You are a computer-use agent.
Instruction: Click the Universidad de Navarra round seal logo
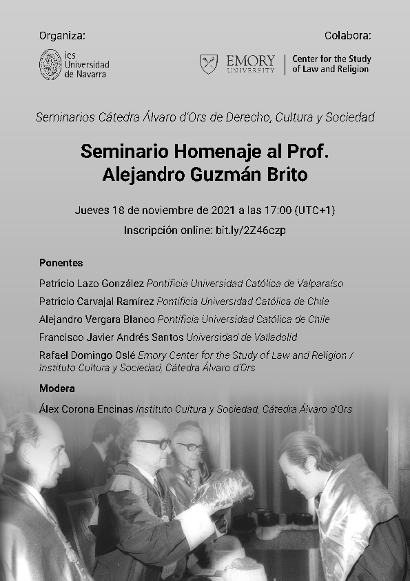click(50, 64)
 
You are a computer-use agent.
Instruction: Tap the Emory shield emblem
click(209, 64)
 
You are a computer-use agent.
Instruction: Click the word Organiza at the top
click(62, 35)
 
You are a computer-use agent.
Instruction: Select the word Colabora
click(347, 35)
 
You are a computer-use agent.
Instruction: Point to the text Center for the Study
click(331, 59)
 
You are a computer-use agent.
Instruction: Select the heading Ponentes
click(61, 263)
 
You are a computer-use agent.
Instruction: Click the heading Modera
click(57, 388)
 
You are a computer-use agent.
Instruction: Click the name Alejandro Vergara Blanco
click(96, 319)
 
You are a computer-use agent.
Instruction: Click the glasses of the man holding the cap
click(154, 444)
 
